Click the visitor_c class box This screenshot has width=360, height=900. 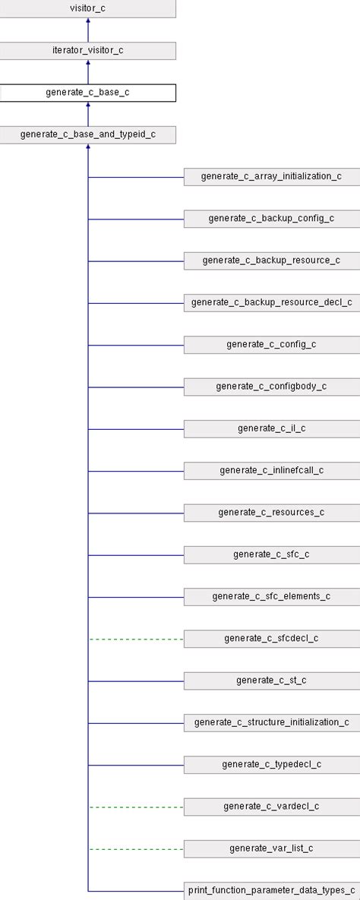pyautogui.click(x=87, y=9)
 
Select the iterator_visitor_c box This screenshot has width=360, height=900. pyautogui.click(x=87, y=51)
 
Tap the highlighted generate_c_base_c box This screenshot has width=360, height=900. pyautogui.click(x=87, y=93)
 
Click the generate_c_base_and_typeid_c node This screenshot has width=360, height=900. pyautogui.click(x=87, y=135)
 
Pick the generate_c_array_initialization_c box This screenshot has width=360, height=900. pyautogui.click(x=271, y=177)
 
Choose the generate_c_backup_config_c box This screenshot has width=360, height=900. pyautogui.click(x=271, y=219)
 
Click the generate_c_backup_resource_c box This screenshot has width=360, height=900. pyautogui.click(x=271, y=261)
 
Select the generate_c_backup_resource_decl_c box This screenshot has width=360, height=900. pyautogui.click(x=271, y=302)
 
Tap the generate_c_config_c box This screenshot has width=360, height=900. pyautogui.click(x=271, y=344)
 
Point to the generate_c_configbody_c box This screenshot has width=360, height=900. pyautogui.click(x=271, y=387)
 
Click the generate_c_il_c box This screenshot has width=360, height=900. pyautogui.click(x=271, y=428)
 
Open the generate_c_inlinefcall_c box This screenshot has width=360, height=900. pyautogui.click(x=271, y=470)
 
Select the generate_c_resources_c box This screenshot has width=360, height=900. pyautogui.click(x=271, y=513)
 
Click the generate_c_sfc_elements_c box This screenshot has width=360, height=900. pyautogui.click(x=271, y=596)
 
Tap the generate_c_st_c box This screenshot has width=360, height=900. pyautogui.click(x=271, y=681)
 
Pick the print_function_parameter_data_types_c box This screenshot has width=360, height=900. pyautogui.click(x=271, y=890)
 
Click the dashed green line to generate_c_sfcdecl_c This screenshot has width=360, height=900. pyautogui.click(x=136, y=639)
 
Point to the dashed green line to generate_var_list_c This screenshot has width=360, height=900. pyautogui.click(x=136, y=848)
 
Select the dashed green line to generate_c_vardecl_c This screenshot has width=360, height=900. pyautogui.click(x=136, y=807)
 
